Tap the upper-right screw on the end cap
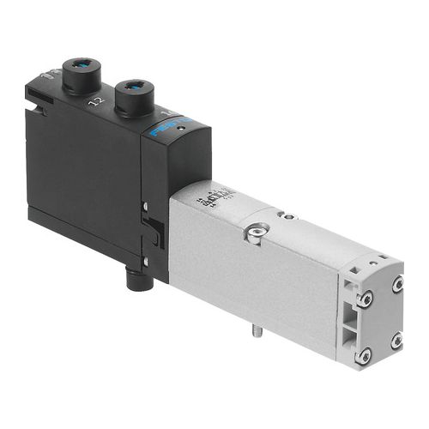pyautogui.click(x=397, y=283)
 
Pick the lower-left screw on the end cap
pyautogui.click(x=365, y=353)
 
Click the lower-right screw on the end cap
pyautogui.click(x=396, y=341)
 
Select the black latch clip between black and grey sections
pyautogui.click(x=155, y=231)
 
